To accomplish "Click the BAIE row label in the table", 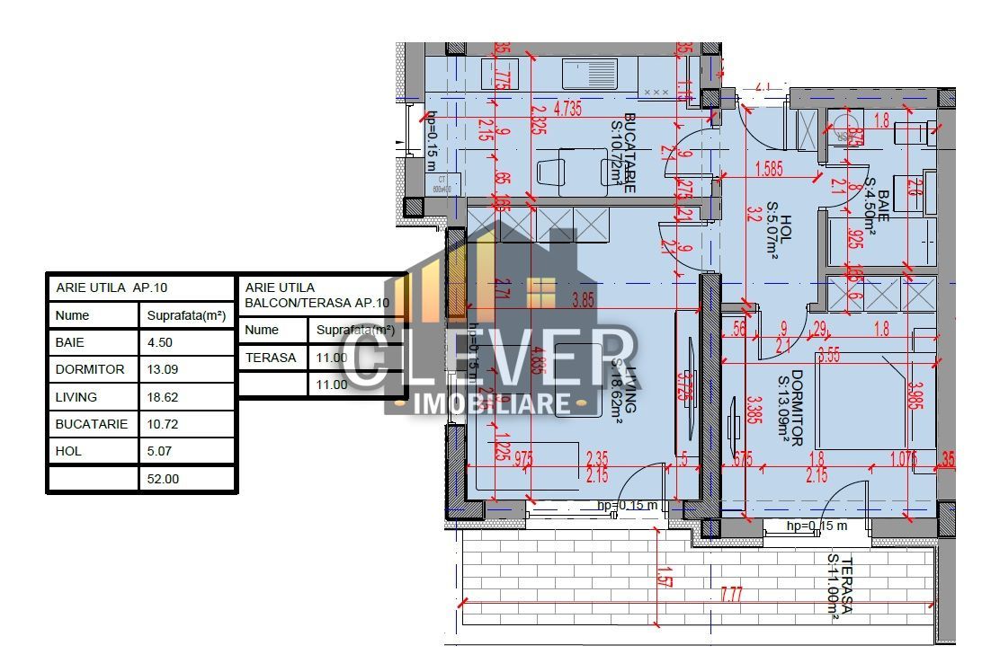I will point(69,342).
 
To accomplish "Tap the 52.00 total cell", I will point(163,479).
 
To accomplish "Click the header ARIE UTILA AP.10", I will point(112,287).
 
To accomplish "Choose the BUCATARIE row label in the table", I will point(92,424).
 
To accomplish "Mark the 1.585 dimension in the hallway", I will point(770,167).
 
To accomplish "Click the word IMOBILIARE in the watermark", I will point(492,403).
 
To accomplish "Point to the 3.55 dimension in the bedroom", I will point(829,356).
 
